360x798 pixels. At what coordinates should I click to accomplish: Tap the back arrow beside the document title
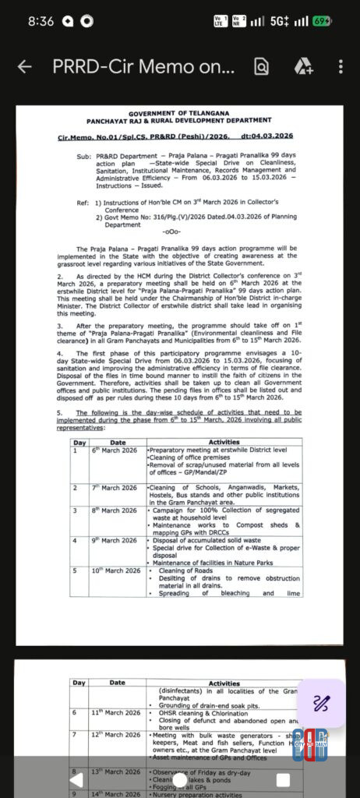coord(24,67)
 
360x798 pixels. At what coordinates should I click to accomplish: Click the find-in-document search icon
coord(260,67)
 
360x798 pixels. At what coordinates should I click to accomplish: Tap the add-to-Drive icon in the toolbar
coord(302,67)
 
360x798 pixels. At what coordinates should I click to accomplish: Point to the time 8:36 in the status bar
coord(41,21)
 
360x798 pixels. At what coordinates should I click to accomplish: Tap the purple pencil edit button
coord(321,704)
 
